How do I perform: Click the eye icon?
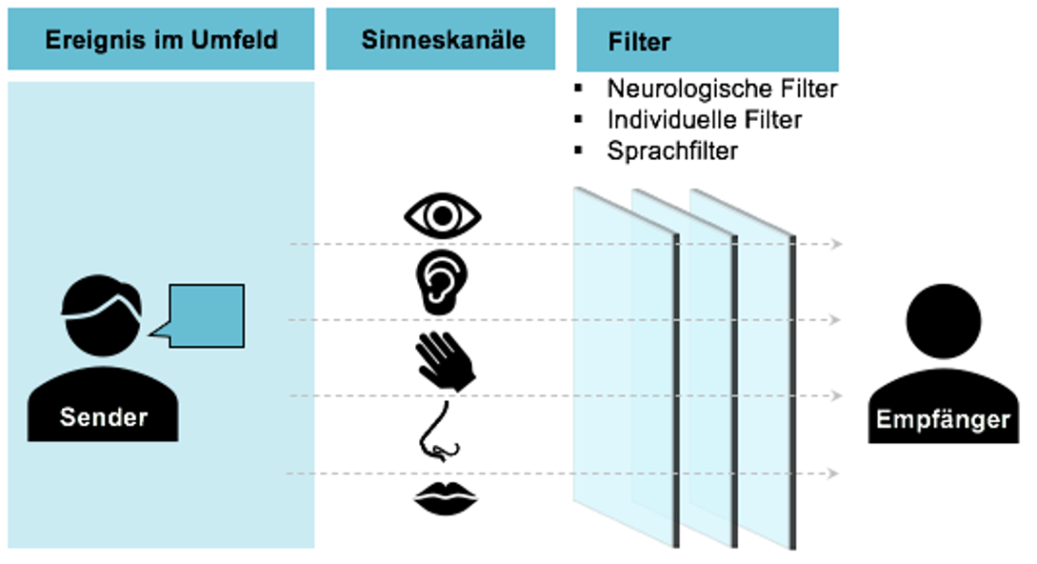click(x=443, y=215)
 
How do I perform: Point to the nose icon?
click(x=441, y=431)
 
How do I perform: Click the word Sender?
click(x=104, y=416)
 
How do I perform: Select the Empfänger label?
click(x=943, y=419)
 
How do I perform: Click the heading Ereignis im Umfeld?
click(x=161, y=39)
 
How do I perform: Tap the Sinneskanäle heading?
click(x=443, y=39)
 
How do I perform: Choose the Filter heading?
click(x=639, y=42)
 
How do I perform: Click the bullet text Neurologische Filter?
click(x=722, y=90)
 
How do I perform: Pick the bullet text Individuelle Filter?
click(x=704, y=120)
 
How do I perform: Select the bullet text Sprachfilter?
click(x=672, y=151)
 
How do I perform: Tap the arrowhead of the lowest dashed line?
click(x=833, y=473)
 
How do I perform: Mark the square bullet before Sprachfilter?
click(x=578, y=150)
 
